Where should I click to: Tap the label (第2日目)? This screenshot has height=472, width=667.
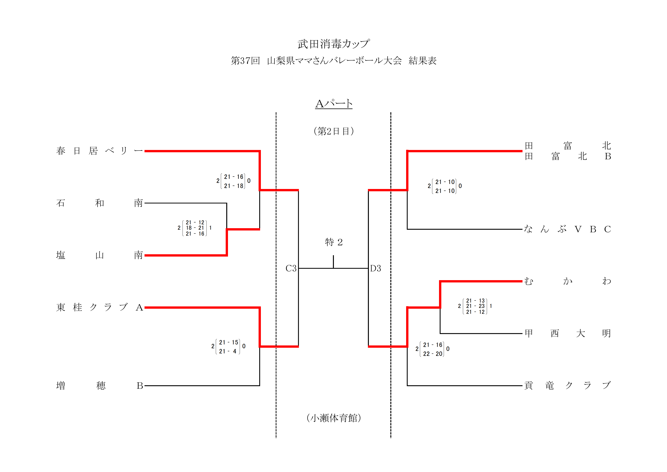pyautogui.click(x=333, y=131)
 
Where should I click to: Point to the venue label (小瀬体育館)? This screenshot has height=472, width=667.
pyautogui.click(x=333, y=418)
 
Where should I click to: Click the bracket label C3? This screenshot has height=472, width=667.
pyautogui.click(x=291, y=268)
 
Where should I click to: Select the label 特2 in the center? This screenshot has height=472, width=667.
pyautogui.click(x=333, y=242)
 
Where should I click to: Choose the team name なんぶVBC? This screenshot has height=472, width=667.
pyautogui.click(x=567, y=229)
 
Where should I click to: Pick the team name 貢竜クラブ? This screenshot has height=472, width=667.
pyautogui.click(x=567, y=386)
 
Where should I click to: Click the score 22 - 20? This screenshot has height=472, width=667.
pyautogui.click(x=433, y=354)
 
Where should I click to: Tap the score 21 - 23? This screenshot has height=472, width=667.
pyautogui.click(x=475, y=306)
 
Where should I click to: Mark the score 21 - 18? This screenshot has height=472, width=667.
pyautogui.click(x=233, y=186)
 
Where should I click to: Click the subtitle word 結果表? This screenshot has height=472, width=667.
pyautogui.click(x=422, y=61)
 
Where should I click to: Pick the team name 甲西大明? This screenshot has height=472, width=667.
pyautogui.click(x=567, y=333)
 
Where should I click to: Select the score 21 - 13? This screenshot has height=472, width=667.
pyautogui.click(x=475, y=300)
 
